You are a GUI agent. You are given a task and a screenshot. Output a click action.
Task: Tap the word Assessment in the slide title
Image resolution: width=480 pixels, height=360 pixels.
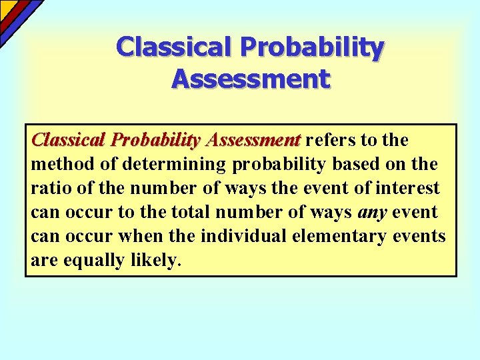point(250,79)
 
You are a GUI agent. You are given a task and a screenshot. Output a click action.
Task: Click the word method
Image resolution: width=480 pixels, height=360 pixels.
point(60,165)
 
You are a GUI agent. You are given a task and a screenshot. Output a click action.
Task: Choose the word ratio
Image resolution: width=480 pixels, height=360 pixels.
point(48,189)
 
